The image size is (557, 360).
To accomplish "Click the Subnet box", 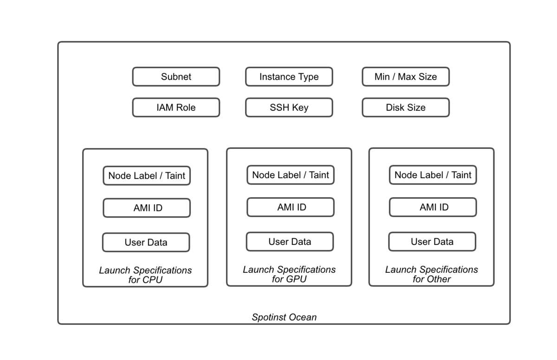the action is click(x=176, y=77).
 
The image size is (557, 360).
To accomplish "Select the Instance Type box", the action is click(x=289, y=77).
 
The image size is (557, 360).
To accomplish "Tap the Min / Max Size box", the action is click(x=406, y=77).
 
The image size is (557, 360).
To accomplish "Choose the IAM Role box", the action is click(x=176, y=107).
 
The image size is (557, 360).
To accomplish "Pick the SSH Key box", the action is click(x=289, y=107).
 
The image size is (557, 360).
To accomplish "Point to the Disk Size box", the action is click(x=406, y=107).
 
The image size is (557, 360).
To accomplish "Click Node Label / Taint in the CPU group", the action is click(x=147, y=176).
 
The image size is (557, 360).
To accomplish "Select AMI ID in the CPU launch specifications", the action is click(x=147, y=208).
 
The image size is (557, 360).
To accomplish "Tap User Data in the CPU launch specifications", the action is click(x=146, y=242).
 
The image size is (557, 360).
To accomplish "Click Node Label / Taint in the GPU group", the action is click(x=291, y=175).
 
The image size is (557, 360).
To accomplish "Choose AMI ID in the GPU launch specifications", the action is click(x=291, y=207).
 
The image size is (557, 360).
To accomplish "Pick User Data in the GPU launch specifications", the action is click(x=290, y=242).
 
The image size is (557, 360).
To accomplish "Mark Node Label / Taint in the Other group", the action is click(x=433, y=175).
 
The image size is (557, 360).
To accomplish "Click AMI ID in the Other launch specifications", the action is click(x=433, y=207).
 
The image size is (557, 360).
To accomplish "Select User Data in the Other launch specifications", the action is click(x=432, y=242).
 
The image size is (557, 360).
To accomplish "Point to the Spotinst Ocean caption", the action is click(x=284, y=317).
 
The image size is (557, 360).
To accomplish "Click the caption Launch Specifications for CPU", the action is click(x=145, y=275).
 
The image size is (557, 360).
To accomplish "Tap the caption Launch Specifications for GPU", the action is click(x=289, y=274).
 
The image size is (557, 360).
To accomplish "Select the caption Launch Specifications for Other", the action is click(x=432, y=274).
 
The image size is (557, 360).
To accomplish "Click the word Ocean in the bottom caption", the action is click(x=303, y=317).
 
